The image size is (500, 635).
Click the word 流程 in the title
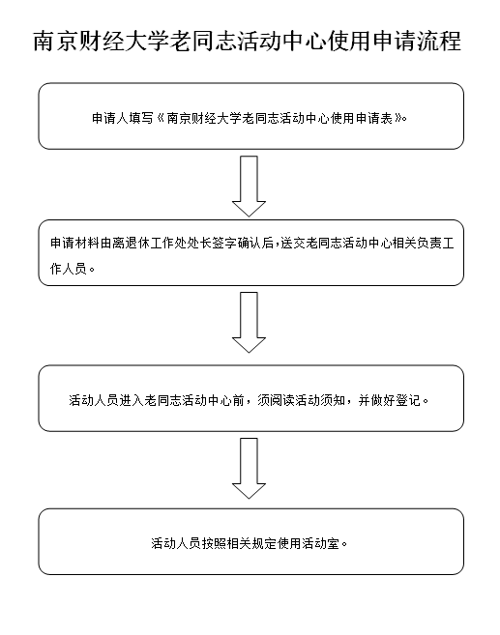coord(439,41)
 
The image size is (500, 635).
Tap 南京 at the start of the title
coord(55,41)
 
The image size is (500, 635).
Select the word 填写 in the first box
coord(141,118)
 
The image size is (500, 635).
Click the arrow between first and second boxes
coord(249,187)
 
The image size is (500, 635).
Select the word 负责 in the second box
coord(429,243)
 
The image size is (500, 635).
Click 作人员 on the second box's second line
coord(68,269)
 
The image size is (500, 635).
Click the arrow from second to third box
coord(249,323)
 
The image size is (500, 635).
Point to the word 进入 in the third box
coord(132,400)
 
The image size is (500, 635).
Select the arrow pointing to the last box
coord(249,468)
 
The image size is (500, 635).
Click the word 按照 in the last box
coord(214,543)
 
